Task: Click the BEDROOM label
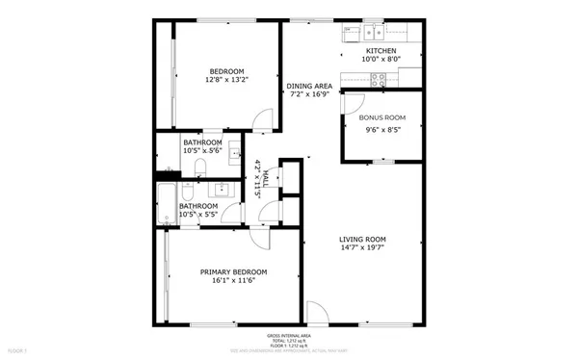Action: click(x=226, y=71)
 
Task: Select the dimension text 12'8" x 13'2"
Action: click(x=226, y=81)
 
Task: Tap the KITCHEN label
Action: click(x=380, y=50)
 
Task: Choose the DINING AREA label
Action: click(x=309, y=86)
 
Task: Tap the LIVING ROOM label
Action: click(x=362, y=239)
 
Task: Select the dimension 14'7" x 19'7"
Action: click(x=362, y=249)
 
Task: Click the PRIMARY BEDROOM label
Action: click(x=233, y=272)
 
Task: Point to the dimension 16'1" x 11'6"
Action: click(x=233, y=283)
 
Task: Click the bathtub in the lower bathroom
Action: click(x=167, y=204)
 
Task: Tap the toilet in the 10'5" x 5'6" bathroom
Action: click(x=199, y=169)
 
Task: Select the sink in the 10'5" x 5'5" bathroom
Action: click(x=223, y=188)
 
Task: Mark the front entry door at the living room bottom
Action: click(x=315, y=313)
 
